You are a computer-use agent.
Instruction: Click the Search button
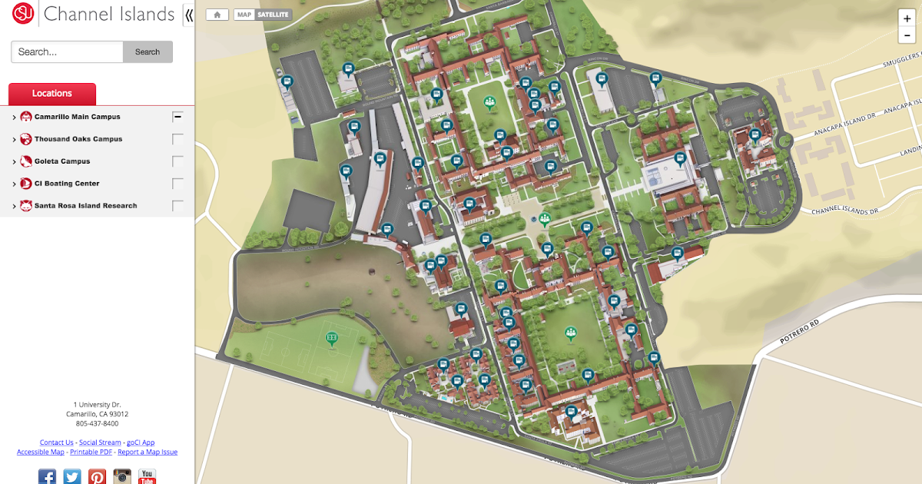[148, 52]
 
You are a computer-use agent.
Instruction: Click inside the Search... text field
[67, 52]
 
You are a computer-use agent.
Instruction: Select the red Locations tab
[52, 94]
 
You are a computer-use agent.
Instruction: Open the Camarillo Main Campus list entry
[77, 117]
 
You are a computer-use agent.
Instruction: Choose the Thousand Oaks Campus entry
[78, 139]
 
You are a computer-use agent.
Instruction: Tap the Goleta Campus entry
[61, 161]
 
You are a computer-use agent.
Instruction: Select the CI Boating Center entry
[67, 184]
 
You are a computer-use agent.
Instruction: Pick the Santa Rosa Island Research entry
[85, 206]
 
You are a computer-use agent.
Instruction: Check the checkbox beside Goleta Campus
[178, 161]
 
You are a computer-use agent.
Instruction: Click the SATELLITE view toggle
[273, 15]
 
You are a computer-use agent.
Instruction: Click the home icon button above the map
[217, 15]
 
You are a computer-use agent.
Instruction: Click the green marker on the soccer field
[332, 338]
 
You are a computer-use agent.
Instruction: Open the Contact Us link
[57, 443]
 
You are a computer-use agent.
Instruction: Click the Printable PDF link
[91, 452]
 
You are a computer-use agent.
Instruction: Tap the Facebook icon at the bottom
[47, 476]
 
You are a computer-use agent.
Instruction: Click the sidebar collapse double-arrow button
[189, 15]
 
